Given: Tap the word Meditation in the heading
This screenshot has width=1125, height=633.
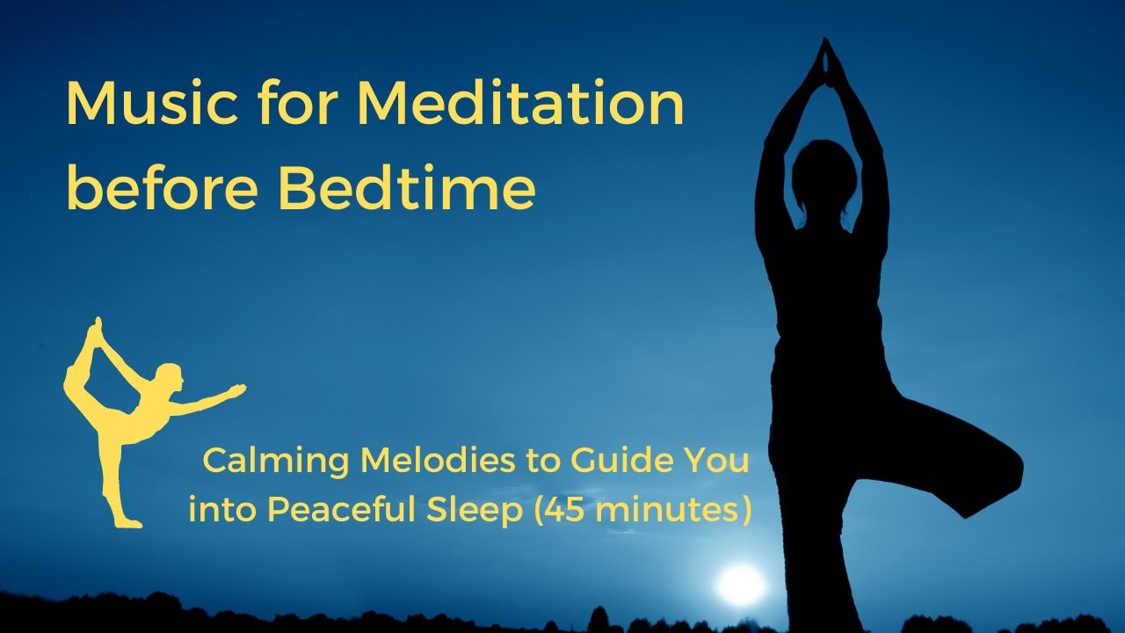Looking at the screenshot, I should coord(519,104).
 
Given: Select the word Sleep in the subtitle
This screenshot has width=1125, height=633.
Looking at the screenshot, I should coord(483,510).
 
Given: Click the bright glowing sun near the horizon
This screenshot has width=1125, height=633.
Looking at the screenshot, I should coord(740,584).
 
